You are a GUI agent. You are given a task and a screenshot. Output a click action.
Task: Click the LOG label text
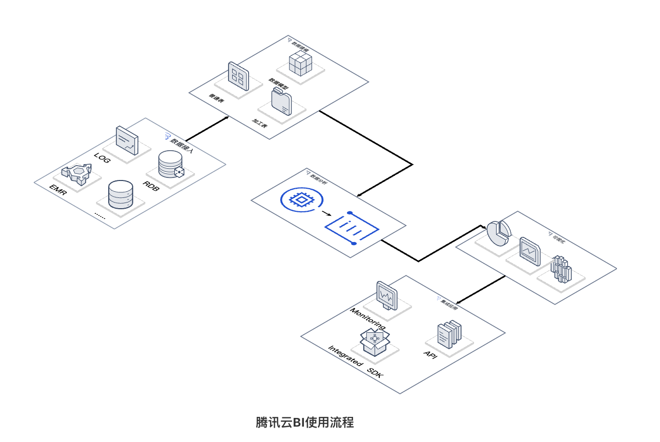click(102, 157)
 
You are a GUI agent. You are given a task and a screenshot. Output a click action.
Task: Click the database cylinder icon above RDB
click(170, 164)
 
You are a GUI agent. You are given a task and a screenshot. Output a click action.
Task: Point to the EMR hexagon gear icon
click(76, 174)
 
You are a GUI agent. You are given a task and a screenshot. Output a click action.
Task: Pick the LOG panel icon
click(127, 140)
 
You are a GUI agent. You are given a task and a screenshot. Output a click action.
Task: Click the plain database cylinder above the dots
click(121, 194)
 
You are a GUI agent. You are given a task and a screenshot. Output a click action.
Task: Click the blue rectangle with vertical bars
click(353, 228)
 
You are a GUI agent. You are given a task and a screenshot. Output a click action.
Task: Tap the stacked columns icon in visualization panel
click(561, 270)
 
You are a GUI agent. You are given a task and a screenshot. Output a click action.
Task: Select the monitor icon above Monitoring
click(387, 296)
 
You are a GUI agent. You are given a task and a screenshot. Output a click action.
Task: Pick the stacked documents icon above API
click(448, 333)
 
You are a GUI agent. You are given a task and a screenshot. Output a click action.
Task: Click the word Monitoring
click(367, 319)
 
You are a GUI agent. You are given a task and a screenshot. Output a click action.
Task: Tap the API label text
click(430, 354)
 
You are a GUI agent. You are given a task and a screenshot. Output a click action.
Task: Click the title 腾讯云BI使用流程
click(305, 423)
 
